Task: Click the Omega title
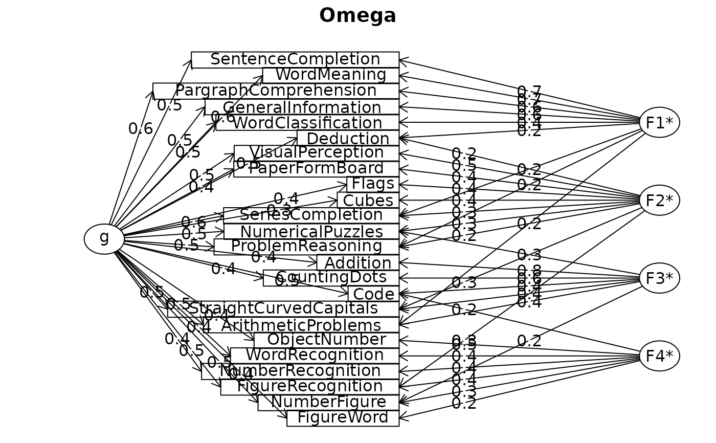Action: pos(357,16)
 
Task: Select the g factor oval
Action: pos(104,238)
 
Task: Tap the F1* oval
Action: pos(659,122)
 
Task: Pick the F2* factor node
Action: pos(659,200)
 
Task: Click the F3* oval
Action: pos(659,278)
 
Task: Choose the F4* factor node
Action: pos(659,356)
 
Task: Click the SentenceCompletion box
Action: pos(295,59)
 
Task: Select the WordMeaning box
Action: pos(331,75)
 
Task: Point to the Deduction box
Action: pos(348,138)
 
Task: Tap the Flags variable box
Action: pos(373,184)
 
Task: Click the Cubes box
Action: pos(368,200)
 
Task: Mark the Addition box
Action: pos(358,262)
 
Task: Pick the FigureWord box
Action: pos(343,418)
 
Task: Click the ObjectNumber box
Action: pos(326,340)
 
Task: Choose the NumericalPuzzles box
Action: pos(311,231)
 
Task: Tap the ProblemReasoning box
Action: pos(306,247)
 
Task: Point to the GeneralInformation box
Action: pos(302,107)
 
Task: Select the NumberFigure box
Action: pos(328,403)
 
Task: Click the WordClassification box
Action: pos(307,123)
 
